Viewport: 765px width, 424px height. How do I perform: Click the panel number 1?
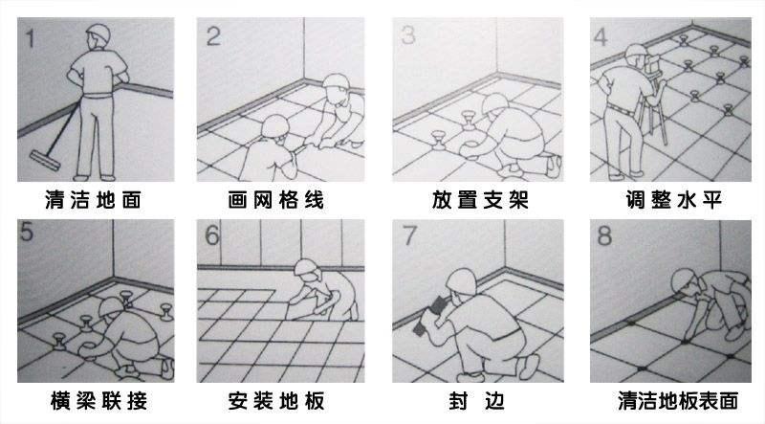click(31, 38)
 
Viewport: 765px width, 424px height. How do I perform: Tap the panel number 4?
click(600, 37)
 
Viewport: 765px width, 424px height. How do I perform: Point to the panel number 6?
click(212, 235)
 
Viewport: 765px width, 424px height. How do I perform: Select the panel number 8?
click(604, 235)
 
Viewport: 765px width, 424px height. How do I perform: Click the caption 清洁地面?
click(93, 200)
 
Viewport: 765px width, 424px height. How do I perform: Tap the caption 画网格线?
click(275, 200)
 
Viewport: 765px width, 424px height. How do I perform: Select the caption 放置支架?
click(480, 200)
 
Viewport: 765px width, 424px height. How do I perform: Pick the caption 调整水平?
click(674, 200)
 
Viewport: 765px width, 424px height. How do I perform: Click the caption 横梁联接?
click(98, 401)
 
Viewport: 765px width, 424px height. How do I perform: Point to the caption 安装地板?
click(275, 401)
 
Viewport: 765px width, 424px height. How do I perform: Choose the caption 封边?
click(476, 401)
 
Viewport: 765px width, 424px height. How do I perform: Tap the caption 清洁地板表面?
click(678, 401)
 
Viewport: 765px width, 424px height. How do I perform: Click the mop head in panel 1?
click(44, 160)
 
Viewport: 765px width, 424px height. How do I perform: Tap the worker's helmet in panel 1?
click(98, 33)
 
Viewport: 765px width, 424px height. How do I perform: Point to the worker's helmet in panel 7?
click(461, 281)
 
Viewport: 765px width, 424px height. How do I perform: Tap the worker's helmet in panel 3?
click(494, 104)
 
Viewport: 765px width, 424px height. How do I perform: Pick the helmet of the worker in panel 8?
click(686, 280)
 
